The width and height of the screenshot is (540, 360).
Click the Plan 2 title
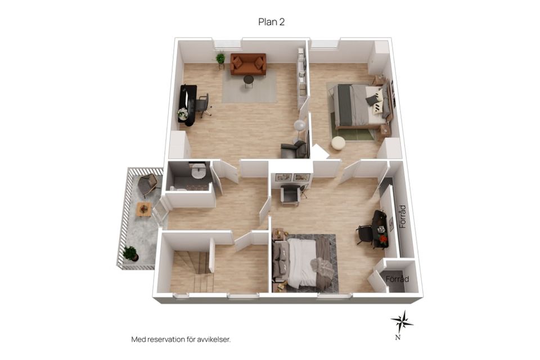(x=271, y=22)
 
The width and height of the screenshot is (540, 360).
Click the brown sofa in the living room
(x=248, y=64)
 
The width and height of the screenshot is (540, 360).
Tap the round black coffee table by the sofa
(x=249, y=82)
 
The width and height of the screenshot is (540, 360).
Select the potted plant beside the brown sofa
(x=220, y=60)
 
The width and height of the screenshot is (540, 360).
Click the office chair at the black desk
(x=204, y=105)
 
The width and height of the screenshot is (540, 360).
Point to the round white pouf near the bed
(x=338, y=143)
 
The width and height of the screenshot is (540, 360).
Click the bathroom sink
(x=199, y=171)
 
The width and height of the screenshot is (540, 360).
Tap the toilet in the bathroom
(x=173, y=188)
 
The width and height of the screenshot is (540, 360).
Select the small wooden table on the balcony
(x=144, y=209)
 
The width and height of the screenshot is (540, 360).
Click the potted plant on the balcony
(x=130, y=253)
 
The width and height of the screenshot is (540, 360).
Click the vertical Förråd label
(x=403, y=217)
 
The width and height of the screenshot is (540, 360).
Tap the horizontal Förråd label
(x=398, y=278)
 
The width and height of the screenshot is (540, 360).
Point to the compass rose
(x=402, y=322)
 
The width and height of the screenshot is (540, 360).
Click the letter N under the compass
(x=398, y=337)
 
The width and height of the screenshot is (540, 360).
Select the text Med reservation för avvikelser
(x=181, y=339)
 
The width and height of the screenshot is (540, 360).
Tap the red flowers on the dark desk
(x=383, y=238)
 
